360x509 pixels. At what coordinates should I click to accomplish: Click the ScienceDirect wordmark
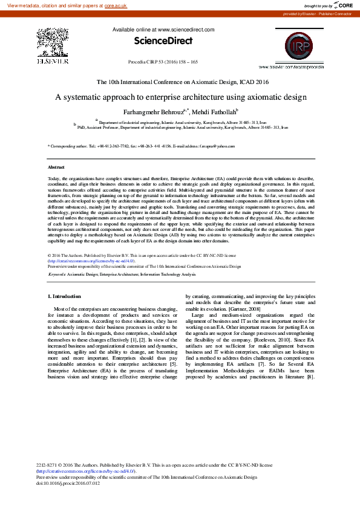coord(163,41)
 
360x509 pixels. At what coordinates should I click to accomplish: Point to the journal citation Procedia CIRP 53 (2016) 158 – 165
coord(163,62)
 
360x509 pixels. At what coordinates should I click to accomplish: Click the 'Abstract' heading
coord(56,166)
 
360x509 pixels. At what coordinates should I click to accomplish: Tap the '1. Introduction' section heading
coord(64,296)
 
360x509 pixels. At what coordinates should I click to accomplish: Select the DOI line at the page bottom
coord(68,484)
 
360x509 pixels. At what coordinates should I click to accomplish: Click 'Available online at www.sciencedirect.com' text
coord(163,30)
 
